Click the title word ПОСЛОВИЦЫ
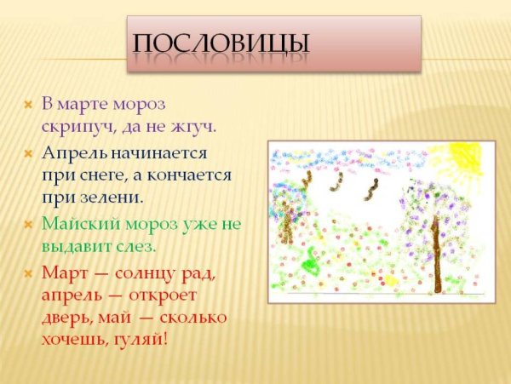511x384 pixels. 221,42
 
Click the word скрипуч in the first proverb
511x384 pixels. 72,125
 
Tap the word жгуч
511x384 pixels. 194,125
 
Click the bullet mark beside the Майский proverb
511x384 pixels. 28,225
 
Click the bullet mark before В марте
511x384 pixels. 28,105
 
